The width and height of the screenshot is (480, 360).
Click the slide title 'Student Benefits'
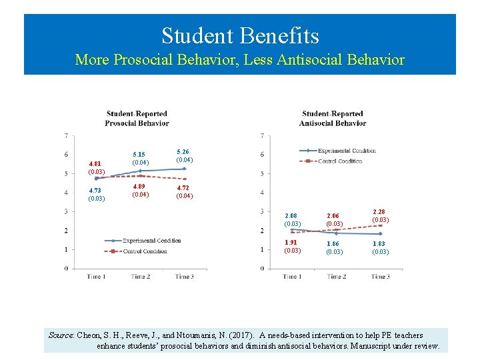240,35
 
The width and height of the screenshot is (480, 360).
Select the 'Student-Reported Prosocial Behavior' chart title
137,118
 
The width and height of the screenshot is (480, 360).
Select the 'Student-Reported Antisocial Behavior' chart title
332,118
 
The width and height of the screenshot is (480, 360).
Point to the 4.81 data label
97,167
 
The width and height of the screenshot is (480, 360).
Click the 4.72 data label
185,192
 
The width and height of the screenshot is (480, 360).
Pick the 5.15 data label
141,159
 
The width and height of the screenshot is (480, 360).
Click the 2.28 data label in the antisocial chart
380,216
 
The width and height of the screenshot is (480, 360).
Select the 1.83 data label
380,247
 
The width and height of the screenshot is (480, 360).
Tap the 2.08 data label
293,219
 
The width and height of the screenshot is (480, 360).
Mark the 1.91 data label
293,247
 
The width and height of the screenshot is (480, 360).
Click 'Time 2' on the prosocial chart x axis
140,277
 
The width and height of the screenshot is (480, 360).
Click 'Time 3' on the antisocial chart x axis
380,277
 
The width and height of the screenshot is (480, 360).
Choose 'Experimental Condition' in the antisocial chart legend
347,151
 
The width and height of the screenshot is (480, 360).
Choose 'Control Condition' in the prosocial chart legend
145,251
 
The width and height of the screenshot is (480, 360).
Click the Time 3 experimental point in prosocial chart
184,169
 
